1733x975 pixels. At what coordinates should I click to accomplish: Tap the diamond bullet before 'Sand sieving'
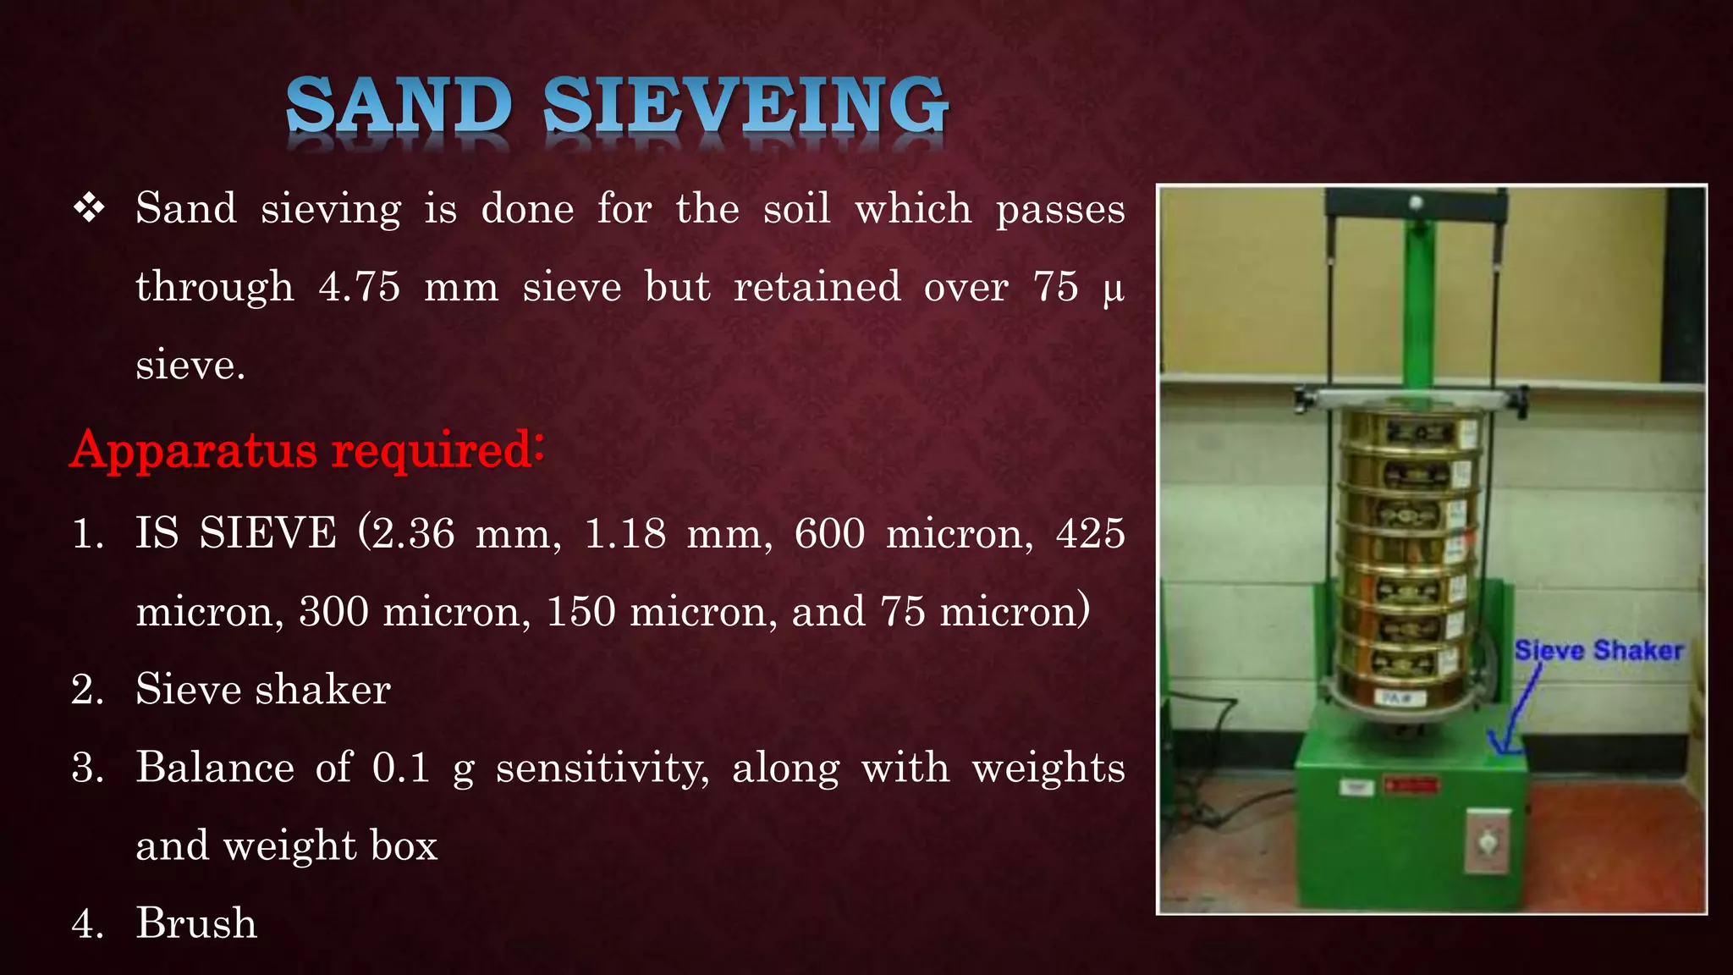89,208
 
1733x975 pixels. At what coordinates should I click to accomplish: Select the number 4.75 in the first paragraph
360,286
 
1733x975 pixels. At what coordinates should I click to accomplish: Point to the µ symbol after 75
1114,289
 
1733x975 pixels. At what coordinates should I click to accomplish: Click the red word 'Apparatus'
194,450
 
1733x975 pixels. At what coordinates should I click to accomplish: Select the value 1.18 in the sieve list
625,533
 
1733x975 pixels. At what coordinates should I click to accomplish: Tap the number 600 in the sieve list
829,533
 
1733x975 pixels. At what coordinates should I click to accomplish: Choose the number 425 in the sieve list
1091,533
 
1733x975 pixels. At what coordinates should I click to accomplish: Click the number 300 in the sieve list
334,611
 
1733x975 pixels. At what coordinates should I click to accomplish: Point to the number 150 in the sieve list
581,611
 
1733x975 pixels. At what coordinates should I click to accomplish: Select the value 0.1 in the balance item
401,768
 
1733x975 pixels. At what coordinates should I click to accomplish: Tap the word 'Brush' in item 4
196,923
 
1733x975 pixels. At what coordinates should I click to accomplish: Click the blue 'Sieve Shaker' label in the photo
1598,650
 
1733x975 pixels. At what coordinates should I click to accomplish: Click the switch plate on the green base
1488,841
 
